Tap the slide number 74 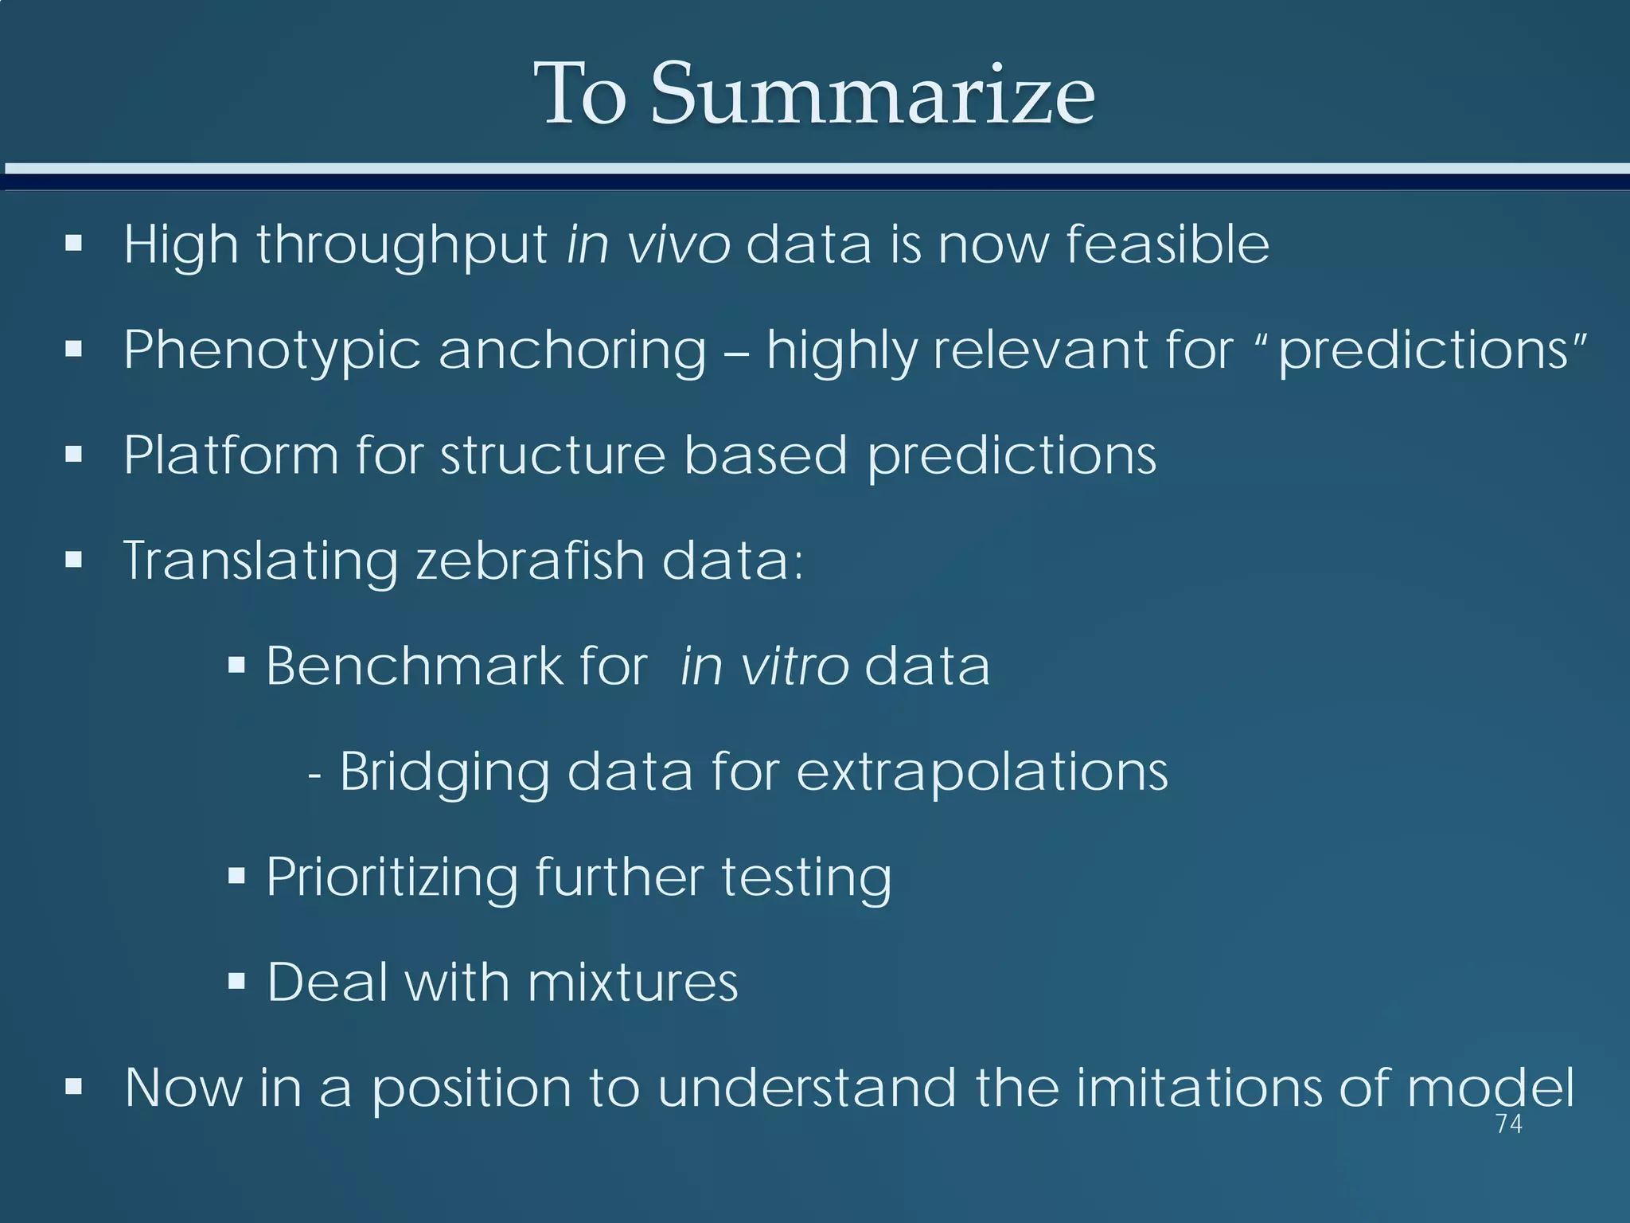coord(1508,1124)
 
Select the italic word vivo coord(678,244)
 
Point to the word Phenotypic coord(271,350)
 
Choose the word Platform coord(231,455)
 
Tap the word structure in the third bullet coord(552,455)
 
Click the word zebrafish coord(530,561)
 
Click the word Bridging coord(444,772)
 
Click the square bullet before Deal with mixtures coord(236,981)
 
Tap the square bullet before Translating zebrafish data coord(74,560)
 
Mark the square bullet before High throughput coord(74,243)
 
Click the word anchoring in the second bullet coord(572,350)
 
